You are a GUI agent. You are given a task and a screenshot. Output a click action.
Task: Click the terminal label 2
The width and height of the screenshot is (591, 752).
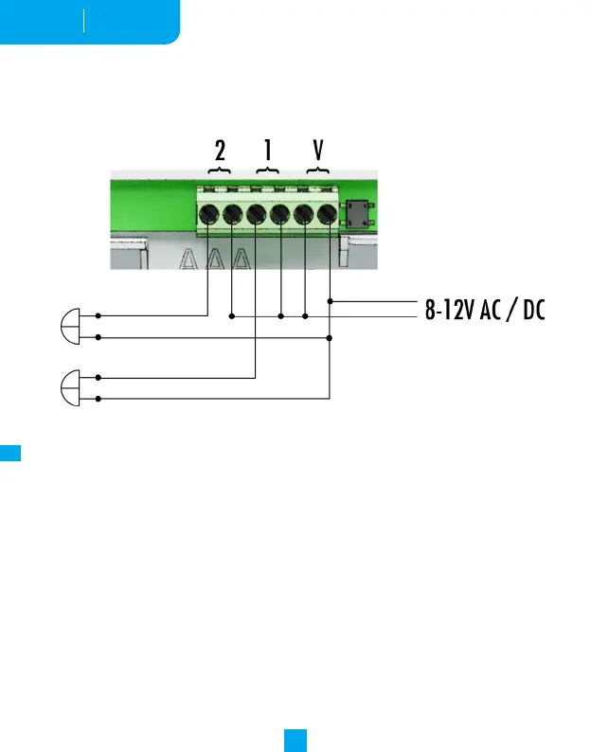(220, 152)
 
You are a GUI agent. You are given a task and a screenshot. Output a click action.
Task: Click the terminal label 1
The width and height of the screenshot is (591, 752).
(268, 152)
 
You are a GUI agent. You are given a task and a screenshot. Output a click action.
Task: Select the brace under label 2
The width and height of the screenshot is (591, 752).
(220, 170)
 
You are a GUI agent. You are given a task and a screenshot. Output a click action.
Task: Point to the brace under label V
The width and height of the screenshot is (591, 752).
(317, 170)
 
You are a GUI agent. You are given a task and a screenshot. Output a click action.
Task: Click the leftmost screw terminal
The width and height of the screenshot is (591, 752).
(208, 216)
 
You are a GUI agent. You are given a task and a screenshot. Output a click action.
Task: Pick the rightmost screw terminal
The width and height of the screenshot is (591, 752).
(328, 216)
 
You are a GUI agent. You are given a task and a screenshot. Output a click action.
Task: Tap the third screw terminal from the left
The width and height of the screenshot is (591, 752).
(256, 216)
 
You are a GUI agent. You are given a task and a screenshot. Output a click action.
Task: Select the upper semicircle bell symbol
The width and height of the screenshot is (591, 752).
(72, 326)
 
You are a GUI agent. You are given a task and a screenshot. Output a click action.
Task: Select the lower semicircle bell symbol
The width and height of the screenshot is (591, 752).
(72, 387)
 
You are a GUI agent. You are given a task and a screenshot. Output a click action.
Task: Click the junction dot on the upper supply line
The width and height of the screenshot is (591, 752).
(329, 301)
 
